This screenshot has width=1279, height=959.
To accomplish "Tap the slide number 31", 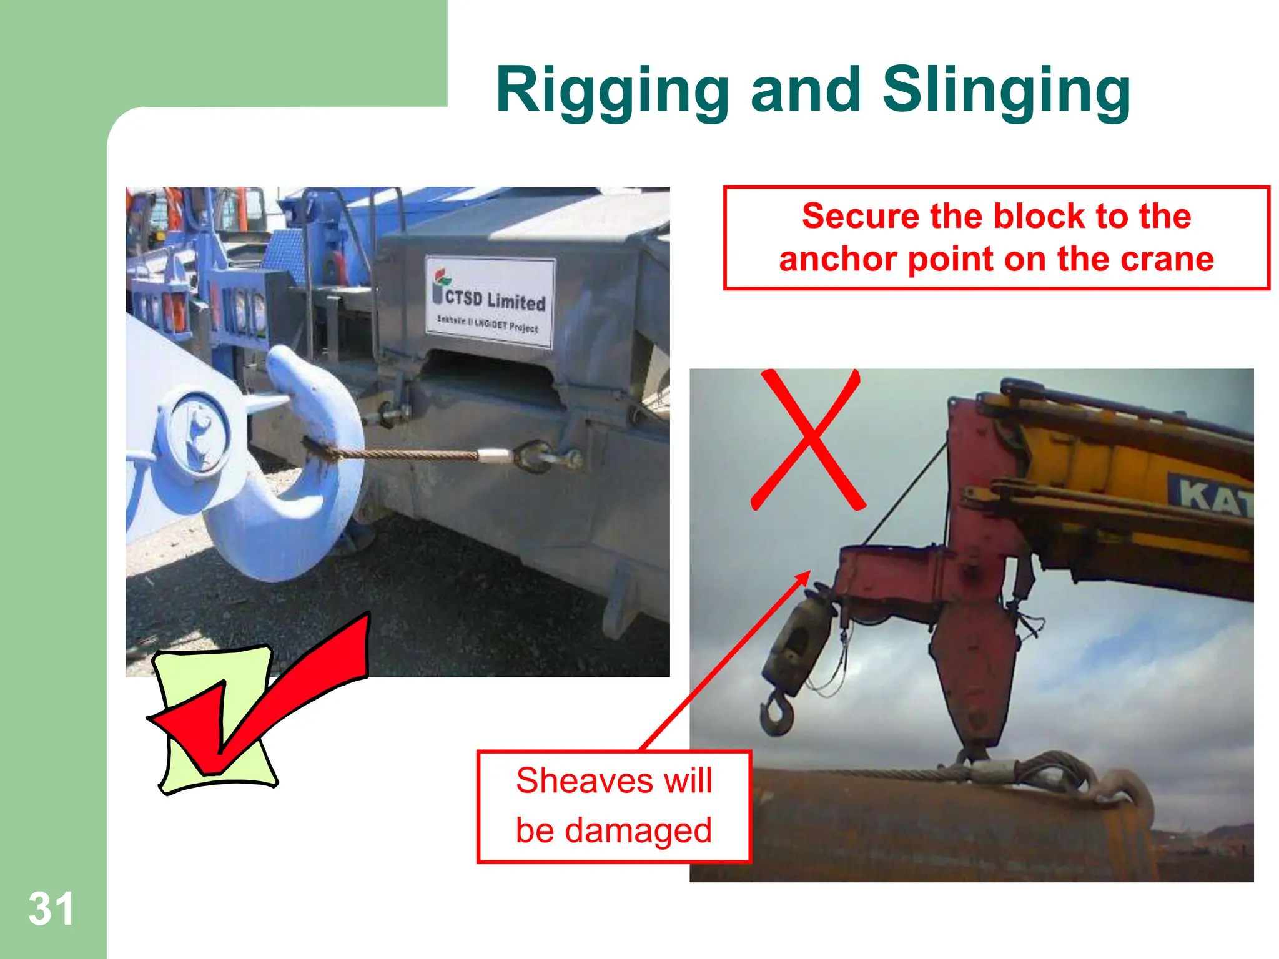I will [x=51, y=909].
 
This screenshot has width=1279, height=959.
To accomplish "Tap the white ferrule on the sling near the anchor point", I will [x=495, y=455].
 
